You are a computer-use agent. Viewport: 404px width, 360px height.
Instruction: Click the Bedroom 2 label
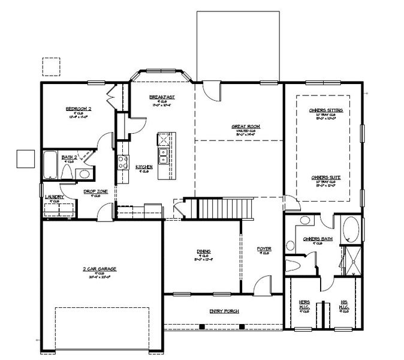[x=78, y=109]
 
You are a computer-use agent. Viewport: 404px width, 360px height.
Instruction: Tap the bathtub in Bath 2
[x=49, y=166]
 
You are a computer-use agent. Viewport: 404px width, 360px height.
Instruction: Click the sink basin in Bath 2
[x=85, y=174]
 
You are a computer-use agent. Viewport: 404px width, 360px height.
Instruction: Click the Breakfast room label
[x=162, y=97]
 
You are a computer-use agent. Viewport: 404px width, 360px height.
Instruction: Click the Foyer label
[x=263, y=248]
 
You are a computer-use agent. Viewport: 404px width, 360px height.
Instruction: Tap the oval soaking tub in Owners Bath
[x=351, y=229]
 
